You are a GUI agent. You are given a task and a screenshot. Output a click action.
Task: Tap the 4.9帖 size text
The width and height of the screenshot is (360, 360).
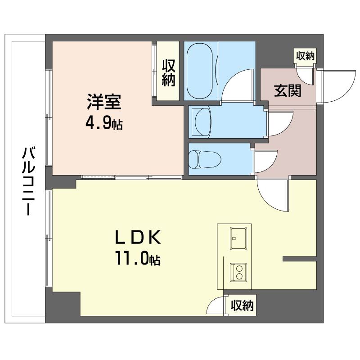pyautogui.click(x=104, y=123)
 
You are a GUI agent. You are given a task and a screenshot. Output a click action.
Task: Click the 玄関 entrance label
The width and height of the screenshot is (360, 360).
pyautogui.click(x=288, y=91)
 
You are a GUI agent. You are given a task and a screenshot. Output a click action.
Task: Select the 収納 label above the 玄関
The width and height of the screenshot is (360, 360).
pyautogui.click(x=305, y=56)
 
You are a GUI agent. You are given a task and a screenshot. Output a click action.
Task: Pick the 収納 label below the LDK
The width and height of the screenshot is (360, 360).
pyautogui.click(x=242, y=306)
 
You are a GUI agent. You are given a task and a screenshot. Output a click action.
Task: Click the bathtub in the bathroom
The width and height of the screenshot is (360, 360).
pyautogui.click(x=201, y=71)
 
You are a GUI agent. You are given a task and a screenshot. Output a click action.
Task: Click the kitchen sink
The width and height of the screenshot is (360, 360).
pyautogui.click(x=238, y=238)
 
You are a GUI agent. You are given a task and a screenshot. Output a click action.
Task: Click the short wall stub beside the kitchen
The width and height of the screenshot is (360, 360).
pyautogui.click(x=299, y=259)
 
